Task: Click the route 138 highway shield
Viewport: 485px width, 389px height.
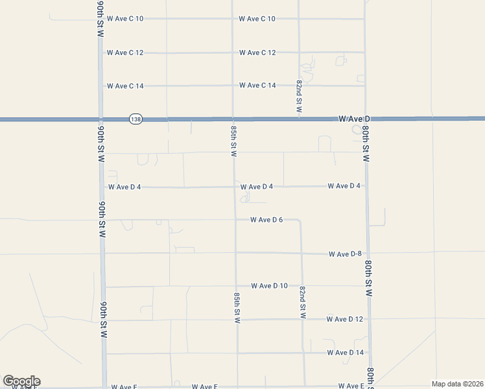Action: [x=136, y=120]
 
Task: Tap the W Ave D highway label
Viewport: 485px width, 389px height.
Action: [x=353, y=119]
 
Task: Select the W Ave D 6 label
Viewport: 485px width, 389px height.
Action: [x=266, y=220]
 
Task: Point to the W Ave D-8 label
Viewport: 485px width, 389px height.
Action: [x=344, y=254]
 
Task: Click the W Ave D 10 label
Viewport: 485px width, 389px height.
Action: [x=269, y=286]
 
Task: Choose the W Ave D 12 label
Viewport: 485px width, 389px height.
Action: [x=345, y=319]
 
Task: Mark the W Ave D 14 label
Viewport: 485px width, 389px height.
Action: [x=345, y=353]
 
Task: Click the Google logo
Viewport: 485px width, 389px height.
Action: [x=21, y=381]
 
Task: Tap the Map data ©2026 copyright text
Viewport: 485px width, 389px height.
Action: [x=457, y=384]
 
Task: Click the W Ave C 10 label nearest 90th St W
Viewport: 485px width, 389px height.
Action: [x=125, y=19]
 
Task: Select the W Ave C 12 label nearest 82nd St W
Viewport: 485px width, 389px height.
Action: [x=257, y=53]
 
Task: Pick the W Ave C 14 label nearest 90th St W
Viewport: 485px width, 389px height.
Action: [x=125, y=86]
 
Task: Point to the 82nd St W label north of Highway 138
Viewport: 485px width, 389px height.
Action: [x=300, y=97]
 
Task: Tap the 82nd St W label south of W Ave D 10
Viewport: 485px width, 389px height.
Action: [x=302, y=302]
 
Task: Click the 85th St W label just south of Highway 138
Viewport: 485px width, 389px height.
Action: [x=233, y=141]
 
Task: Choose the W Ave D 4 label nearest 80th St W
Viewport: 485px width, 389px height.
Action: [x=344, y=186]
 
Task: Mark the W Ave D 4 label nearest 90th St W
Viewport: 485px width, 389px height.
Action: [x=124, y=187]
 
